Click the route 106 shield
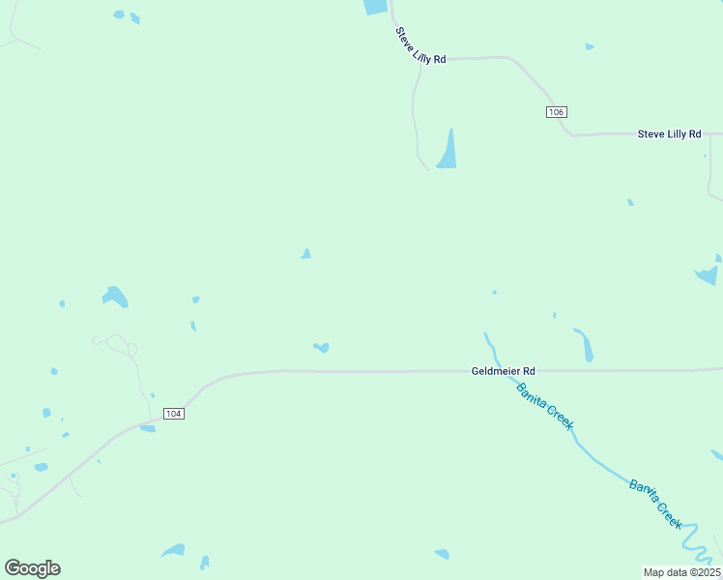point(555,112)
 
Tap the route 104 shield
point(173,414)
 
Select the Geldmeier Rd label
point(503,370)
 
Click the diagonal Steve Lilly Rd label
point(420,45)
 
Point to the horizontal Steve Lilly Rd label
point(669,133)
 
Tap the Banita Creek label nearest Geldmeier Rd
point(544,406)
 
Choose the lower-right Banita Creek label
point(656,504)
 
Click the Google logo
point(33,567)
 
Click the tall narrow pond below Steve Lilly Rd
point(448,150)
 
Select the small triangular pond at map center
point(305,253)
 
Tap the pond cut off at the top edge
point(375,7)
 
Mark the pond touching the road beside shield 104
point(148,428)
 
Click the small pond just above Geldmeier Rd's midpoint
point(321,347)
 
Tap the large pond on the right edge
point(707,275)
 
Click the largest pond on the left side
point(116,296)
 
